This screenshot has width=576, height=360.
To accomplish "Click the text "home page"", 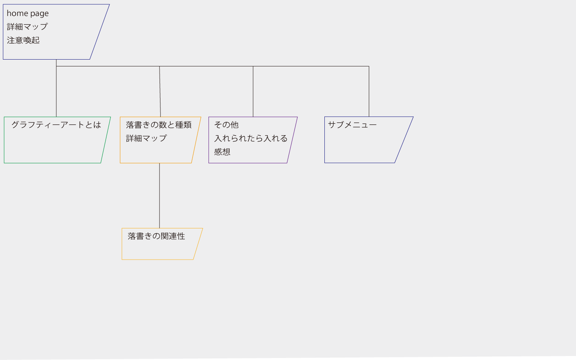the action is coord(28,13).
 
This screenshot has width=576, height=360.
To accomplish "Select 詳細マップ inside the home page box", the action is coord(27,27).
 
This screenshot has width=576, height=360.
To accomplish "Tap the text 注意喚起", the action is coord(23,40).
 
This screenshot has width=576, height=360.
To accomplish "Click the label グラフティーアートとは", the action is coord(56,125).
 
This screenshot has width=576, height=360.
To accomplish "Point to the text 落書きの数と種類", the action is coord(159,125).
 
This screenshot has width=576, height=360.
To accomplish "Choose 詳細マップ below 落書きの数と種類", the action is coord(146,138).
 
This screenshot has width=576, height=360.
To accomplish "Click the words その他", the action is coord(226,125).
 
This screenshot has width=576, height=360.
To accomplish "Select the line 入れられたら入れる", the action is coord(251,138).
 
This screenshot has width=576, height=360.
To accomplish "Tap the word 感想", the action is coord(222,152).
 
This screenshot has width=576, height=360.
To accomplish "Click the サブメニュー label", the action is coord(352,125).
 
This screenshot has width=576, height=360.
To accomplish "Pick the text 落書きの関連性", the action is coord(156,236).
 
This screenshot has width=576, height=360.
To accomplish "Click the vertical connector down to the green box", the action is coord(56,88).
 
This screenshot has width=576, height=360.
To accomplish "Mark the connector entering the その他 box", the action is coord(253,92).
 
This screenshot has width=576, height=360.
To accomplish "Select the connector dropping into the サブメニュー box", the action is coord(369,92).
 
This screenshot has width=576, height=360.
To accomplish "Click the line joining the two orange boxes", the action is coord(160,196).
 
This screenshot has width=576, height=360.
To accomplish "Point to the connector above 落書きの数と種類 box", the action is coord(160,92).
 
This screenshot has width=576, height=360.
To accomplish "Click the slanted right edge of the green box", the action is coord(106,140).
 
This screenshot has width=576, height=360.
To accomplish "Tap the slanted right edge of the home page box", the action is coord(100,32).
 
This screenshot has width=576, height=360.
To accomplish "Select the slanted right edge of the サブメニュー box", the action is coord(404,140).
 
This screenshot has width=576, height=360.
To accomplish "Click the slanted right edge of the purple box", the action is coord(292,140).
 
